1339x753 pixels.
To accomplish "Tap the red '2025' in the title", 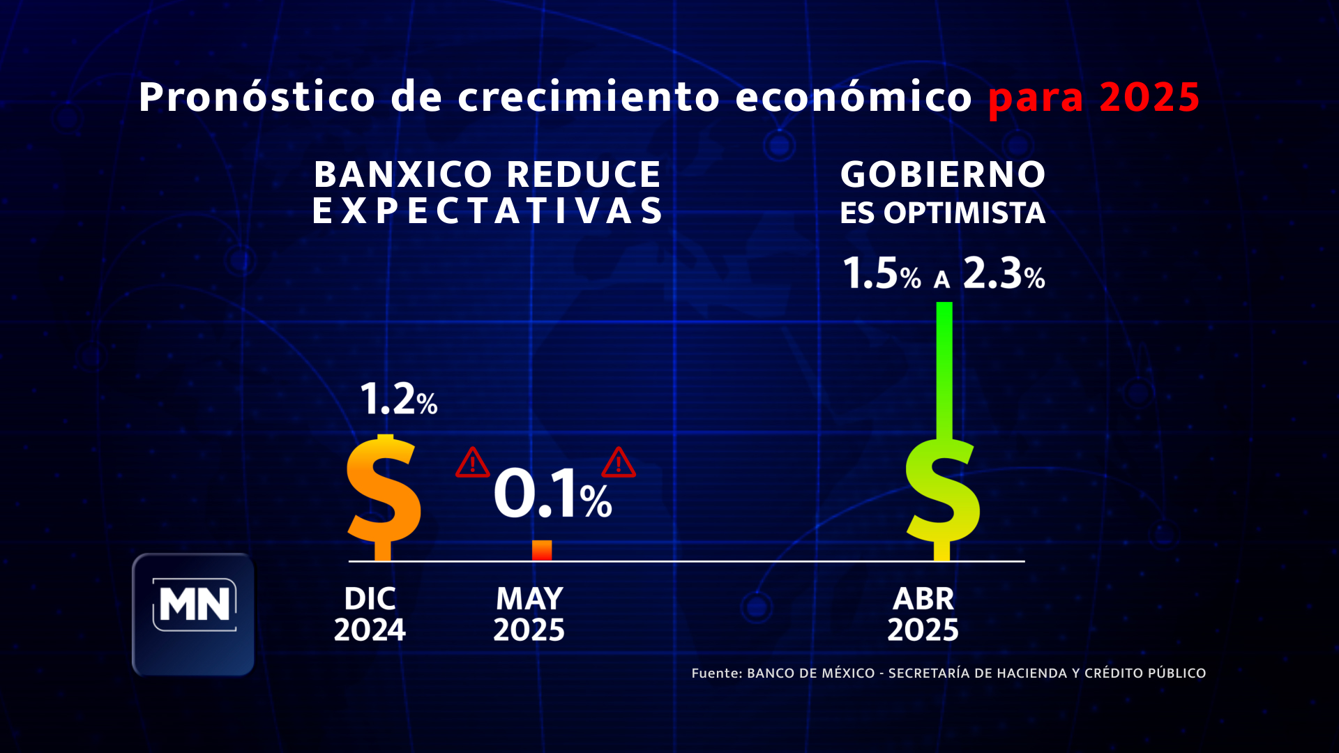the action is (1149, 97).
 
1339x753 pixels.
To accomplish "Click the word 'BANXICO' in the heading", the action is (403, 174).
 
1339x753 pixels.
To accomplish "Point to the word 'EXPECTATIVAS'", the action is (487, 211).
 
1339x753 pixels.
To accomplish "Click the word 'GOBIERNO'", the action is (943, 174).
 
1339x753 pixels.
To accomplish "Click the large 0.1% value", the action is (552, 494).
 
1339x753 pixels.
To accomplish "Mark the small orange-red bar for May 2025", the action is (542, 550).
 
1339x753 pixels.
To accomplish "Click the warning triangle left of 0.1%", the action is (472, 462).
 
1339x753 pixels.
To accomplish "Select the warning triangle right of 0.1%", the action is (619, 462).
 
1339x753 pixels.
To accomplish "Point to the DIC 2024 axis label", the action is (370, 614).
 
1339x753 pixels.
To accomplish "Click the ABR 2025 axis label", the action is (923, 614).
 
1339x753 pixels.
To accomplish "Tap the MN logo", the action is (193, 614).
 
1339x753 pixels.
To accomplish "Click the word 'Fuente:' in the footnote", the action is (717, 673).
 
